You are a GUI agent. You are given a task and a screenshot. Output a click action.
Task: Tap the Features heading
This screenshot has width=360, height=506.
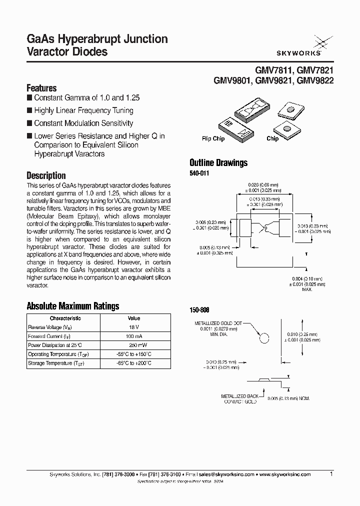[41, 88]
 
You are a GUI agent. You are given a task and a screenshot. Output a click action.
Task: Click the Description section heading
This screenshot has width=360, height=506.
[46, 175]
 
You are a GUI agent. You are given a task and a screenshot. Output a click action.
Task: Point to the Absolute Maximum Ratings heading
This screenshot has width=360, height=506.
[72, 306]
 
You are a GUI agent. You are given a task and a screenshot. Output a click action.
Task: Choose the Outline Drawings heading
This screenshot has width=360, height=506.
[218, 162]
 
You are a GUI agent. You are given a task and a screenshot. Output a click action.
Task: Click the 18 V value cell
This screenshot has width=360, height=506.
[134, 327]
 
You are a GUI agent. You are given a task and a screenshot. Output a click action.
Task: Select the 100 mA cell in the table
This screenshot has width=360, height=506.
[134, 336]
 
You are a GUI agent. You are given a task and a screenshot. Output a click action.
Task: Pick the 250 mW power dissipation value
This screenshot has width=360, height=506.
[134, 345]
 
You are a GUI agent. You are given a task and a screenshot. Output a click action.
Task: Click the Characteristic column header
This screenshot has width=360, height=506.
[65, 318]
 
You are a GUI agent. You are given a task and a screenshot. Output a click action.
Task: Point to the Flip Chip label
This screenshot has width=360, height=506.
[213, 138]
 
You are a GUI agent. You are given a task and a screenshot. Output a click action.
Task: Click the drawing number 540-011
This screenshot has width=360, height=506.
[199, 173]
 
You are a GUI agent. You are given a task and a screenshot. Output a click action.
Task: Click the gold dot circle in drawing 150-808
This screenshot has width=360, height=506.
[264, 338]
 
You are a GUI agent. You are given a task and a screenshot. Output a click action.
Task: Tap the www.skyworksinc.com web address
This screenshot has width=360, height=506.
[285, 474]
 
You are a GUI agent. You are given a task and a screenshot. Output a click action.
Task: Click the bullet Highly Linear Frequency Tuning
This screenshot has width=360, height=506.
[83, 110]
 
